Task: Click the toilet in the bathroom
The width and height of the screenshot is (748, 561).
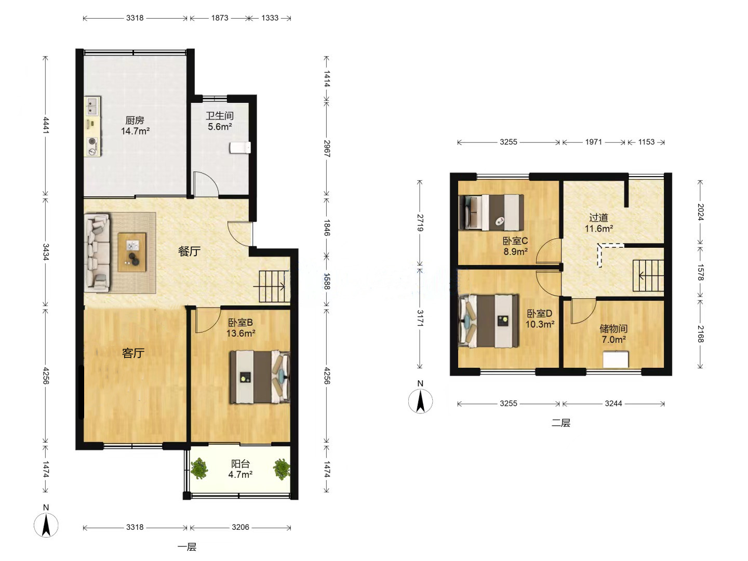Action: click(240, 148)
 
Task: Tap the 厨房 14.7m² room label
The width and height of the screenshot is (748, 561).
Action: click(135, 125)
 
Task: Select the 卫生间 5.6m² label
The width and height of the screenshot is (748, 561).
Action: click(220, 121)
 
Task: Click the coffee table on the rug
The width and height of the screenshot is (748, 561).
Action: click(132, 252)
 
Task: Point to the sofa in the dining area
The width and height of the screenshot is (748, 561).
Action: click(97, 252)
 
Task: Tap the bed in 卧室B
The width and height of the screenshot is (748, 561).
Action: click(260, 377)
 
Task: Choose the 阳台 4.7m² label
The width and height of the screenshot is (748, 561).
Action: click(241, 469)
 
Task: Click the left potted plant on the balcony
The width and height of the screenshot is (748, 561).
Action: click(199, 469)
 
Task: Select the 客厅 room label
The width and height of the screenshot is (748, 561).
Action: click(133, 353)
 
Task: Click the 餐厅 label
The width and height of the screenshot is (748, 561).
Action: click(189, 251)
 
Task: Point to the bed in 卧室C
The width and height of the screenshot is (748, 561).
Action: click(491, 212)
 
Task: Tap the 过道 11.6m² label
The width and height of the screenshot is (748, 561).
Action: click(599, 223)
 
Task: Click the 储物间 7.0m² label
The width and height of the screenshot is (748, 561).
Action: click(613, 334)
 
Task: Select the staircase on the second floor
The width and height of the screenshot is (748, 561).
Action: click(648, 275)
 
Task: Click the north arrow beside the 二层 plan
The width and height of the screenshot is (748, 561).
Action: click(421, 401)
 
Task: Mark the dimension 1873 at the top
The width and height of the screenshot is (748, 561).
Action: click(219, 18)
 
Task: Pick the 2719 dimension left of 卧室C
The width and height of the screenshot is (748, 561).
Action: click(420, 223)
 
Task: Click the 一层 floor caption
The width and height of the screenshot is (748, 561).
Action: click(187, 547)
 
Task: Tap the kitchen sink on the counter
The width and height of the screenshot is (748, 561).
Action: click(92, 105)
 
